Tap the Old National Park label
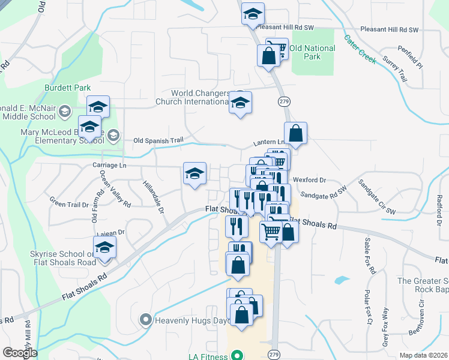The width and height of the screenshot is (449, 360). [x=312, y=52]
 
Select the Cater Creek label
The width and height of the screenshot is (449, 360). [x=360, y=48]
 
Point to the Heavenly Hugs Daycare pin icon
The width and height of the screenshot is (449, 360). [x=145, y=320]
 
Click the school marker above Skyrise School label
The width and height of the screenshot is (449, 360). [x=104, y=248]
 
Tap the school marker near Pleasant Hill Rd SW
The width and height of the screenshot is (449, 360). [x=253, y=13]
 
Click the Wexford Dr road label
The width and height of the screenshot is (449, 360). [x=309, y=179]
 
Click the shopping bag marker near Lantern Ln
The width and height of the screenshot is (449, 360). [x=296, y=133]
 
